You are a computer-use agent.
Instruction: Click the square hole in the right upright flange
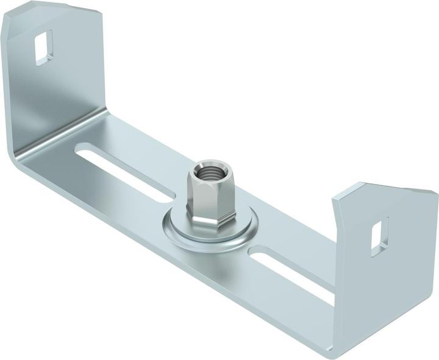pyautogui.click(x=379, y=235)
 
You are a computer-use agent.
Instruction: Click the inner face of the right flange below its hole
pyautogui.click(x=381, y=274)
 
